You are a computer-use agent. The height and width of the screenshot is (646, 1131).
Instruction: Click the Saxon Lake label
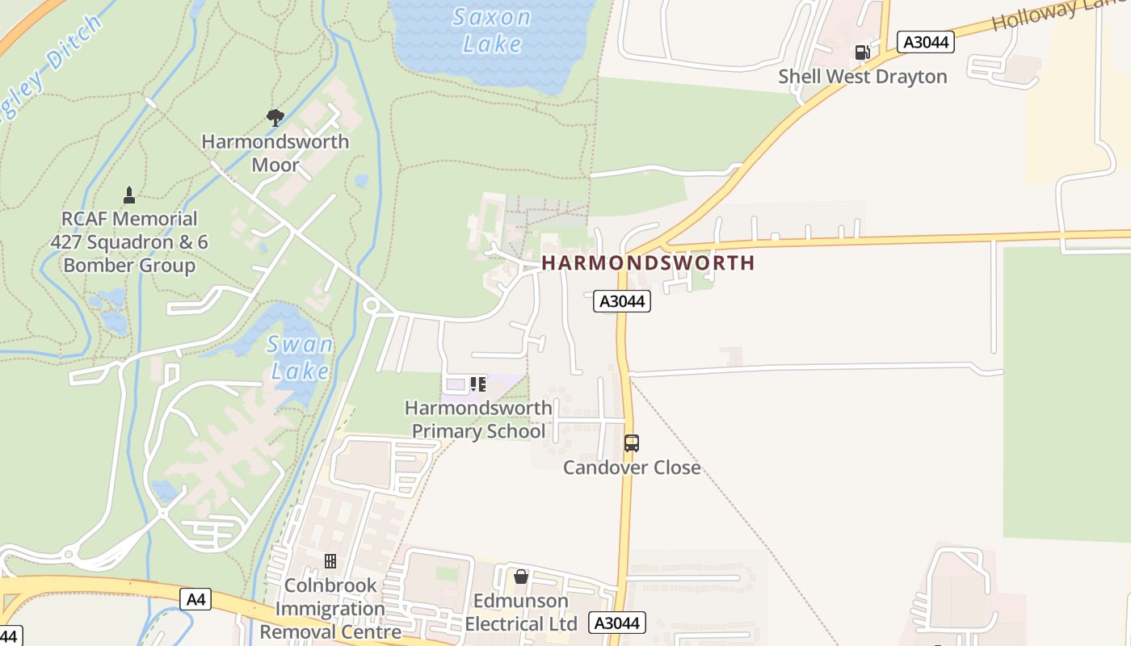click(491, 30)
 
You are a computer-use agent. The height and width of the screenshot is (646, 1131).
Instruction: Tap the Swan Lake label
click(301, 358)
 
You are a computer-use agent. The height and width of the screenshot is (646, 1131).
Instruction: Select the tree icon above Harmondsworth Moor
click(275, 118)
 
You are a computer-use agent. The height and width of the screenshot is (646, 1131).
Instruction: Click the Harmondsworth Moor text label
click(275, 153)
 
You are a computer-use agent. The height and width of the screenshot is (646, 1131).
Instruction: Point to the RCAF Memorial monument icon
click(128, 195)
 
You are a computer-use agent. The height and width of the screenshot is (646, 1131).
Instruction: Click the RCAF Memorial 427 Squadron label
click(129, 241)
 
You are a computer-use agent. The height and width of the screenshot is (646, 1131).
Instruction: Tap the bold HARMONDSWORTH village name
click(648, 263)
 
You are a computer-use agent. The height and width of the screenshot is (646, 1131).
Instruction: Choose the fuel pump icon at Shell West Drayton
click(863, 52)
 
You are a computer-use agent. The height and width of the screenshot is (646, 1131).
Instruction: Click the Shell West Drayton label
click(863, 77)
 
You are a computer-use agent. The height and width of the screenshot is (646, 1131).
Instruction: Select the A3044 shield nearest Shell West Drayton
click(926, 42)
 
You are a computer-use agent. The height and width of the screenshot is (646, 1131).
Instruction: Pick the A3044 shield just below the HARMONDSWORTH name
click(622, 301)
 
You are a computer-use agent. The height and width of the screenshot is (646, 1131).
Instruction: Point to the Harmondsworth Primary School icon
click(478, 384)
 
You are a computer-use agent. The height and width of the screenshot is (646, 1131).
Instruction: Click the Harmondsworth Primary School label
click(478, 419)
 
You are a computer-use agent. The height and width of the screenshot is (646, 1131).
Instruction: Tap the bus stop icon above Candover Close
click(632, 443)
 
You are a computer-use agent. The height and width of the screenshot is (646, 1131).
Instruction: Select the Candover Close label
click(632, 468)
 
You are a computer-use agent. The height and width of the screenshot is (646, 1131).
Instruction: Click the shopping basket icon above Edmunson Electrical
click(521, 577)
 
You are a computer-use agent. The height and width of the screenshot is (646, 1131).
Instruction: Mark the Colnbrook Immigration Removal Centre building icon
click(330, 560)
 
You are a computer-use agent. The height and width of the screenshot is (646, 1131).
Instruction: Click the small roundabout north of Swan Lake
click(372, 305)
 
